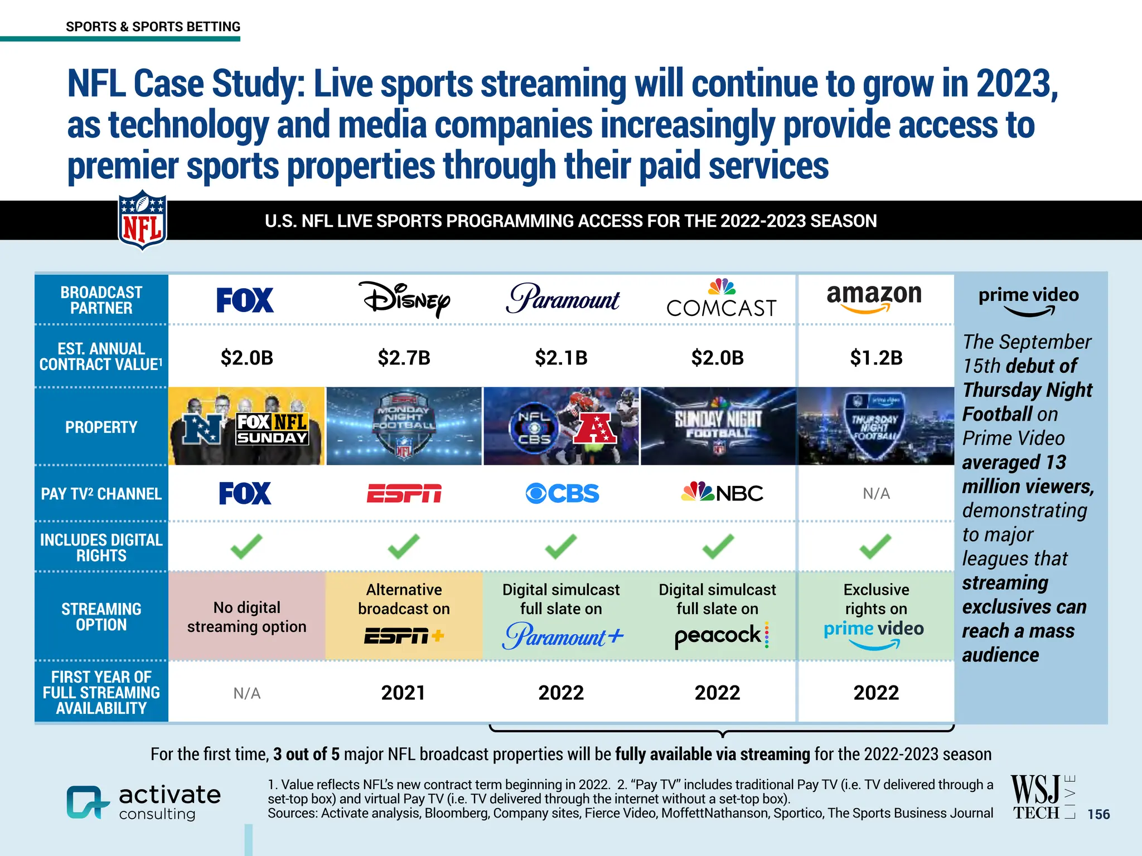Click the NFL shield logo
coord(142,221)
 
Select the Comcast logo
coord(722,299)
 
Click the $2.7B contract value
coord(404,358)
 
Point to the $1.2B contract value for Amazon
coord(876,358)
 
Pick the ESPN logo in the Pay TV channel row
coord(404,494)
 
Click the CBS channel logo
coord(562,494)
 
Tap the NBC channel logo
coord(722,493)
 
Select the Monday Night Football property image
coord(404,426)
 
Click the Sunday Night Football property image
coord(719,426)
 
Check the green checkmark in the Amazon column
coord(875,546)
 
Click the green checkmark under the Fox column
coord(246,546)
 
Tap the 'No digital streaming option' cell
coord(246,617)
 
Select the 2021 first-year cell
coord(403,693)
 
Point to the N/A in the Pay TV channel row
coord(876,494)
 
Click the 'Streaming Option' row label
coord(101,617)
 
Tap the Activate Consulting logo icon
coord(87,802)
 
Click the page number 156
coord(1099,814)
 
